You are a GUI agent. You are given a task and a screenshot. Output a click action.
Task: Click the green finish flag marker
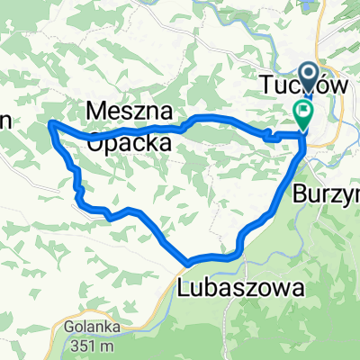[302, 113]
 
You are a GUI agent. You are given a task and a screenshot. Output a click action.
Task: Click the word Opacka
[131, 141]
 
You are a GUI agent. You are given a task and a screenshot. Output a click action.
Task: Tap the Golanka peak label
[86, 327]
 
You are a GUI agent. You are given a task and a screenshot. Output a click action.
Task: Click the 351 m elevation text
[86, 345]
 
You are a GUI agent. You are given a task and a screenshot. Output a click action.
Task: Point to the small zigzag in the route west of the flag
[268, 135]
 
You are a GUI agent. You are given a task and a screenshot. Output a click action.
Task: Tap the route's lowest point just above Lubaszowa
[190, 261]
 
